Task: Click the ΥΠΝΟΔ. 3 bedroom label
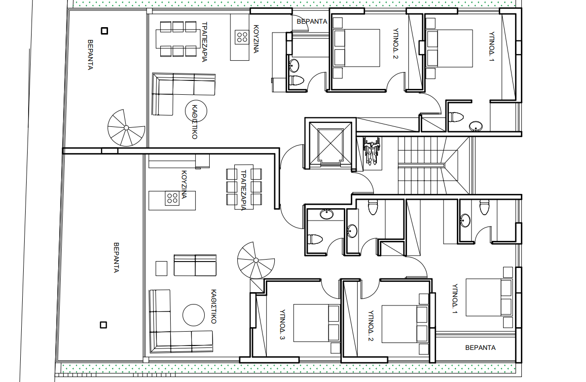(283, 324)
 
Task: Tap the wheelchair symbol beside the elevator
(372, 152)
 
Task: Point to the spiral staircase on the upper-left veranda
(126, 128)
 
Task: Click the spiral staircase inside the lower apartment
(256, 260)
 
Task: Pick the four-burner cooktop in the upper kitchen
(242, 37)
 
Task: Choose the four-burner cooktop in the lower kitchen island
(172, 198)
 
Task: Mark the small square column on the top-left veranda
(105, 31)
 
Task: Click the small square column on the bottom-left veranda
(104, 325)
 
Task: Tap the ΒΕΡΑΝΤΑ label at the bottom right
(480, 347)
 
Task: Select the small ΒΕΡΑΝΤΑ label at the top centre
(312, 22)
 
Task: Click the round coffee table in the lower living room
(193, 315)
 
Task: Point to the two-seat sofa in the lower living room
(195, 266)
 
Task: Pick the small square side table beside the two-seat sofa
(161, 268)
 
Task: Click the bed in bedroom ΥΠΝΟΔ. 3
(317, 323)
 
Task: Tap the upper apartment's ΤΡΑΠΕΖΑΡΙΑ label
(204, 42)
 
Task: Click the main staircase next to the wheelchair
(434, 165)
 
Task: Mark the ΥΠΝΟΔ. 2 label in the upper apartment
(396, 44)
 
